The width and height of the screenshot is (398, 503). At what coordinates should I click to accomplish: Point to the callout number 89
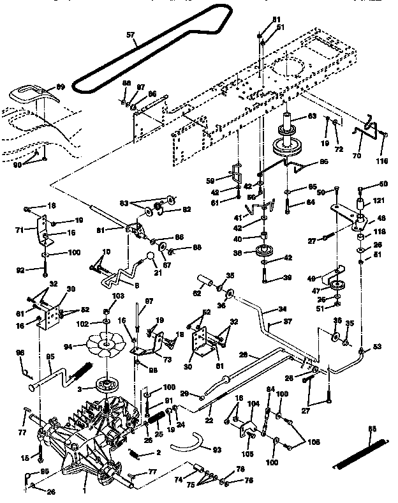tap(61, 87)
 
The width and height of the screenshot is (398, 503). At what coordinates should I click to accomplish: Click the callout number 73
tap(166, 360)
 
